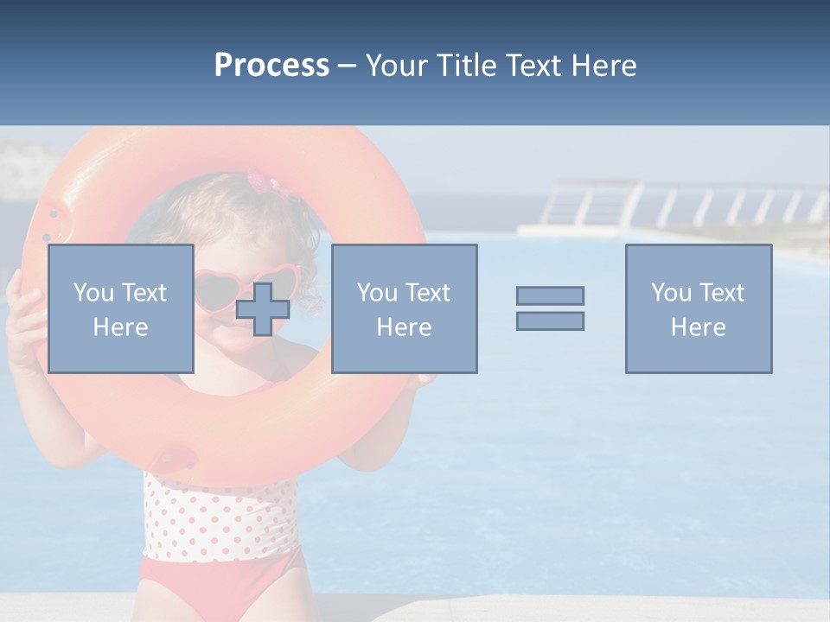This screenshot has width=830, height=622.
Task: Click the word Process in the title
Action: tap(271, 66)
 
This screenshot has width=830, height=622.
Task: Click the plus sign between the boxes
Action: tap(263, 309)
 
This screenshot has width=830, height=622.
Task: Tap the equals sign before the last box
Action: tap(550, 308)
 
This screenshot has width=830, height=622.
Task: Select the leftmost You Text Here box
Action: tap(120, 309)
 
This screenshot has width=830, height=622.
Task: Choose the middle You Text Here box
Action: tap(404, 309)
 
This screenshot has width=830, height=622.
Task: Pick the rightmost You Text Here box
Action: tap(698, 309)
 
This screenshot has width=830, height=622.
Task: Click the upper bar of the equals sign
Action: tap(550, 295)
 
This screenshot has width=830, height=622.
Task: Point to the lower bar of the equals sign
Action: tap(550, 321)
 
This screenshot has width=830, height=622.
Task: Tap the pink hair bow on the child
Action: tap(259, 182)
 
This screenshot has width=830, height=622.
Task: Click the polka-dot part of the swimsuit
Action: tap(220, 518)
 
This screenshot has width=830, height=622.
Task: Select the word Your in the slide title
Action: tap(393, 66)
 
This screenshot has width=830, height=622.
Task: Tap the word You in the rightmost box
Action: tap(671, 293)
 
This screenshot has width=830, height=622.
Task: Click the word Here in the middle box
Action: tap(404, 327)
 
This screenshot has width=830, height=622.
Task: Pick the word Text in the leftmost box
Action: tap(144, 293)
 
